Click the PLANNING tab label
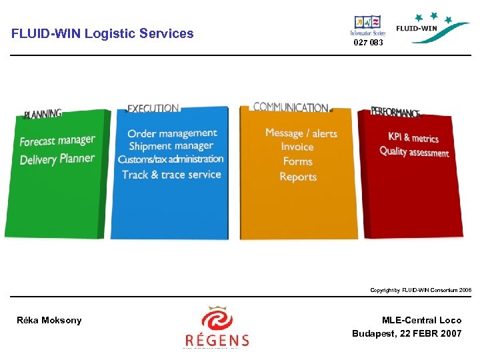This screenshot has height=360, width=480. point(43,114)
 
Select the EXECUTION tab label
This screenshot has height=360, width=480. point(153,108)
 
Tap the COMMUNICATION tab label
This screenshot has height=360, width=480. point(290,107)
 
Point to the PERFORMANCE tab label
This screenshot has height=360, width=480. point(395,112)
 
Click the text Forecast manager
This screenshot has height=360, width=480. point(57,141)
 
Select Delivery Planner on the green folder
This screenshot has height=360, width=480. point(57,159)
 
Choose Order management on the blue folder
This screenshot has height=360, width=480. point(172,133)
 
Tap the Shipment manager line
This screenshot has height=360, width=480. point(171,146)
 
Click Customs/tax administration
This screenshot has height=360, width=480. point(171,159)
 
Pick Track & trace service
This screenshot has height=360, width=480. point(171,175)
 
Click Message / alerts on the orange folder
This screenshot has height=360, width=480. point(301,133)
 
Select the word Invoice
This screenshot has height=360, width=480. point(297,147)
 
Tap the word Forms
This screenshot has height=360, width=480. point(297,161)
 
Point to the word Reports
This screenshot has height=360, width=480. point(298,177)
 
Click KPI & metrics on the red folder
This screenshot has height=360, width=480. point(413,138)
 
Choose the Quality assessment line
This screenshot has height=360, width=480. point(414,152)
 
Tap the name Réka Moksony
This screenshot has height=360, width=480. point(49,321)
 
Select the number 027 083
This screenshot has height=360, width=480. point(368,43)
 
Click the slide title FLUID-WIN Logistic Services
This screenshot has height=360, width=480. point(103,33)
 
